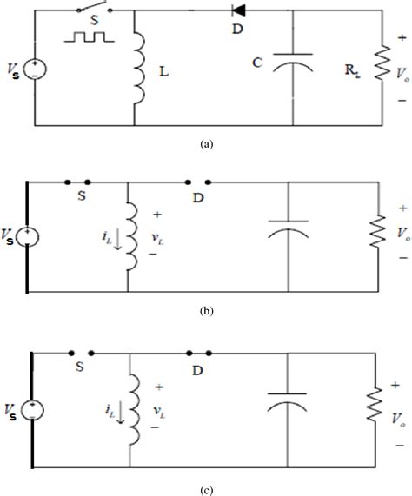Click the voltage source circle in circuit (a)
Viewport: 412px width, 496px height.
tap(36, 67)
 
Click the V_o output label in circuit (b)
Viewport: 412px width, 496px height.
tap(401, 234)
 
